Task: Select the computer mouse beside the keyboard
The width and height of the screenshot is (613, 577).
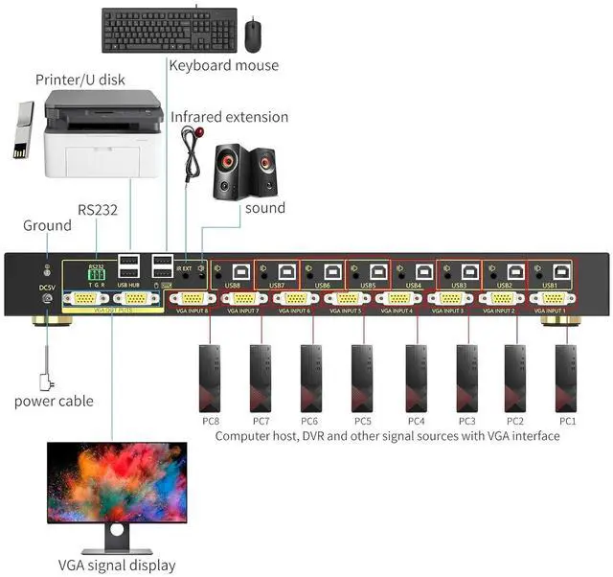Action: point(253,36)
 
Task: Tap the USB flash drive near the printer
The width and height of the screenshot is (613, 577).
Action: point(23,132)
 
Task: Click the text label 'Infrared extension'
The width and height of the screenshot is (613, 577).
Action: point(230,117)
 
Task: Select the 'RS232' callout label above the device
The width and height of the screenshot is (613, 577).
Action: point(98,209)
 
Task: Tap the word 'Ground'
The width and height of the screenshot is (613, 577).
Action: point(47,225)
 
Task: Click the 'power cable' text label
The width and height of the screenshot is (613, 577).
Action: point(54,401)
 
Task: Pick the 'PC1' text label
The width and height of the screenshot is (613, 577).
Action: point(568,420)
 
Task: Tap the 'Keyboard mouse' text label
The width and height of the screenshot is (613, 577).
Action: point(224,65)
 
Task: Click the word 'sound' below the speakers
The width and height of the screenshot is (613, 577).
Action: point(265,207)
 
